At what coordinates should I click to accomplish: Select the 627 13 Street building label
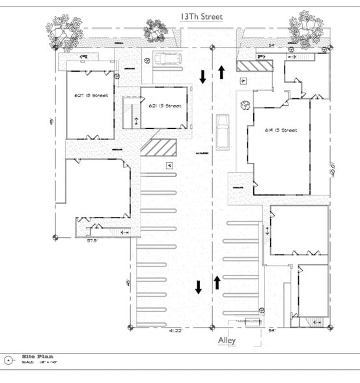coord(90,96)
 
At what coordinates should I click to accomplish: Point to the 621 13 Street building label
coord(165,106)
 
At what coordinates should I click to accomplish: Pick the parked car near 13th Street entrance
coord(169,59)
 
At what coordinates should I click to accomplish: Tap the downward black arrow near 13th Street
coord(202,77)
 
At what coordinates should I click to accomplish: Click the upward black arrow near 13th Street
coord(221,71)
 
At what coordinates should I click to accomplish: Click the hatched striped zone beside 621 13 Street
coord(158,147)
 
